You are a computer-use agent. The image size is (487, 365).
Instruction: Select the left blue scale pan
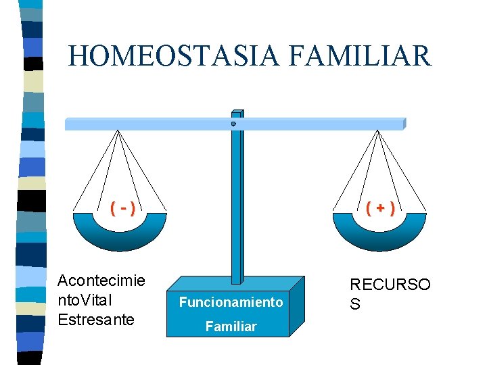click(x=120, y=233)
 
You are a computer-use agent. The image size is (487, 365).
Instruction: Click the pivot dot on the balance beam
click(x=233, y=124)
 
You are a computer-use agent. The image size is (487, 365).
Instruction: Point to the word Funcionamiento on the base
click(x=231, y=302)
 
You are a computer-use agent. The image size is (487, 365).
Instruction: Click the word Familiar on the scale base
click(x=231, y=326)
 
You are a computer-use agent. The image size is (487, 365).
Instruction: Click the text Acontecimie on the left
click(x=101, y=281)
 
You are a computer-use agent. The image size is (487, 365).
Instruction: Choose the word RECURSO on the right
click(x=390, y=285)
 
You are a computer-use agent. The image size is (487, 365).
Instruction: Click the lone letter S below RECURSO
click(x=354, y=304)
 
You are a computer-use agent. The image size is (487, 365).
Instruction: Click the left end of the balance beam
click(x=68, y=124)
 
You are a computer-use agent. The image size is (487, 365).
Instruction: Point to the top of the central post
click(x=237, y=112)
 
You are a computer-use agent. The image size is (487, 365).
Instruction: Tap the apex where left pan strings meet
click(x=118, y=131)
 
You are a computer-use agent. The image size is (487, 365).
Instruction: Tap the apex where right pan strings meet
click(x=377, y=131)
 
